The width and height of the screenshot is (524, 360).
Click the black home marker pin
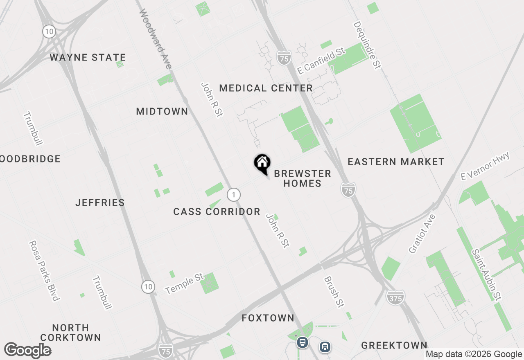[x=262, y=164]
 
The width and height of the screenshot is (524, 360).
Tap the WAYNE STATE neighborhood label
[x=88, y=57]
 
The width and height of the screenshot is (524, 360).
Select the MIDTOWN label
[x=162, y=111]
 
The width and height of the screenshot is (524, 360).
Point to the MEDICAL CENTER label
[x=266, y=88]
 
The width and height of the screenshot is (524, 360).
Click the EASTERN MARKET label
[x=396, y=162]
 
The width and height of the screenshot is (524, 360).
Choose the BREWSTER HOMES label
[x=303, y=178]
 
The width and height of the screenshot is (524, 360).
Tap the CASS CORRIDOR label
[x=217, y=211]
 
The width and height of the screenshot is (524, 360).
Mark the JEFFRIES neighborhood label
[x=100, y=202]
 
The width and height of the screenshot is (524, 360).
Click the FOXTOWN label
[x=268, y=318]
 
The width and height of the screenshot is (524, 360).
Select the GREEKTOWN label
[x=394, y=345]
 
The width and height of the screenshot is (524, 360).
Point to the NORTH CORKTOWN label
[x=71, y=333]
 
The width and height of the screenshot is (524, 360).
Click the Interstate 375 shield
[x=395, y=297]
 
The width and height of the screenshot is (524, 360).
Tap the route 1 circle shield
[x=233, y=194]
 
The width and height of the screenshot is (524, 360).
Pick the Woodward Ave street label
[x=155, y=38]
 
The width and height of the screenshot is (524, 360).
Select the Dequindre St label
[x=367, y=45]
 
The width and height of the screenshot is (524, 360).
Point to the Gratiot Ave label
[x=422, y=234]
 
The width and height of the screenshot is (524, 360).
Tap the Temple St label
[x=184, y=284]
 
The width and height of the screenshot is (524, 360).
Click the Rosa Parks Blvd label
[x=44, y=270]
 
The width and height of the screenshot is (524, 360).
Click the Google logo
[x=28, y=351]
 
